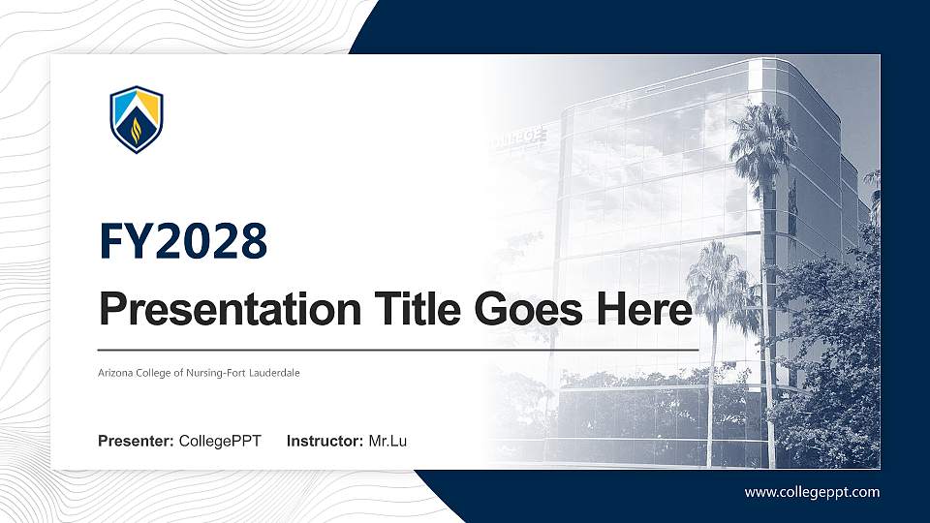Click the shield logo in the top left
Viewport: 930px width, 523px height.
coord(136,119)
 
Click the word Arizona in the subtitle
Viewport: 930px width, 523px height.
coord(115,373)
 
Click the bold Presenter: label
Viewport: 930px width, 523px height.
coord(136,442)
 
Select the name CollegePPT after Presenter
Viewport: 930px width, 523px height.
coord(220,442)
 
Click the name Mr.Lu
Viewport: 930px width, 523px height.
coord(387,442)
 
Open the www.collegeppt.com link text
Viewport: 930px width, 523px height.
coord(812,492)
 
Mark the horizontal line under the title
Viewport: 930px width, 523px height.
coord(397,349)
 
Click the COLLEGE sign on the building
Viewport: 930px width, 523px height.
coord(515,138)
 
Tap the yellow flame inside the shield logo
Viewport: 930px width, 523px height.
coord(137,128)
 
